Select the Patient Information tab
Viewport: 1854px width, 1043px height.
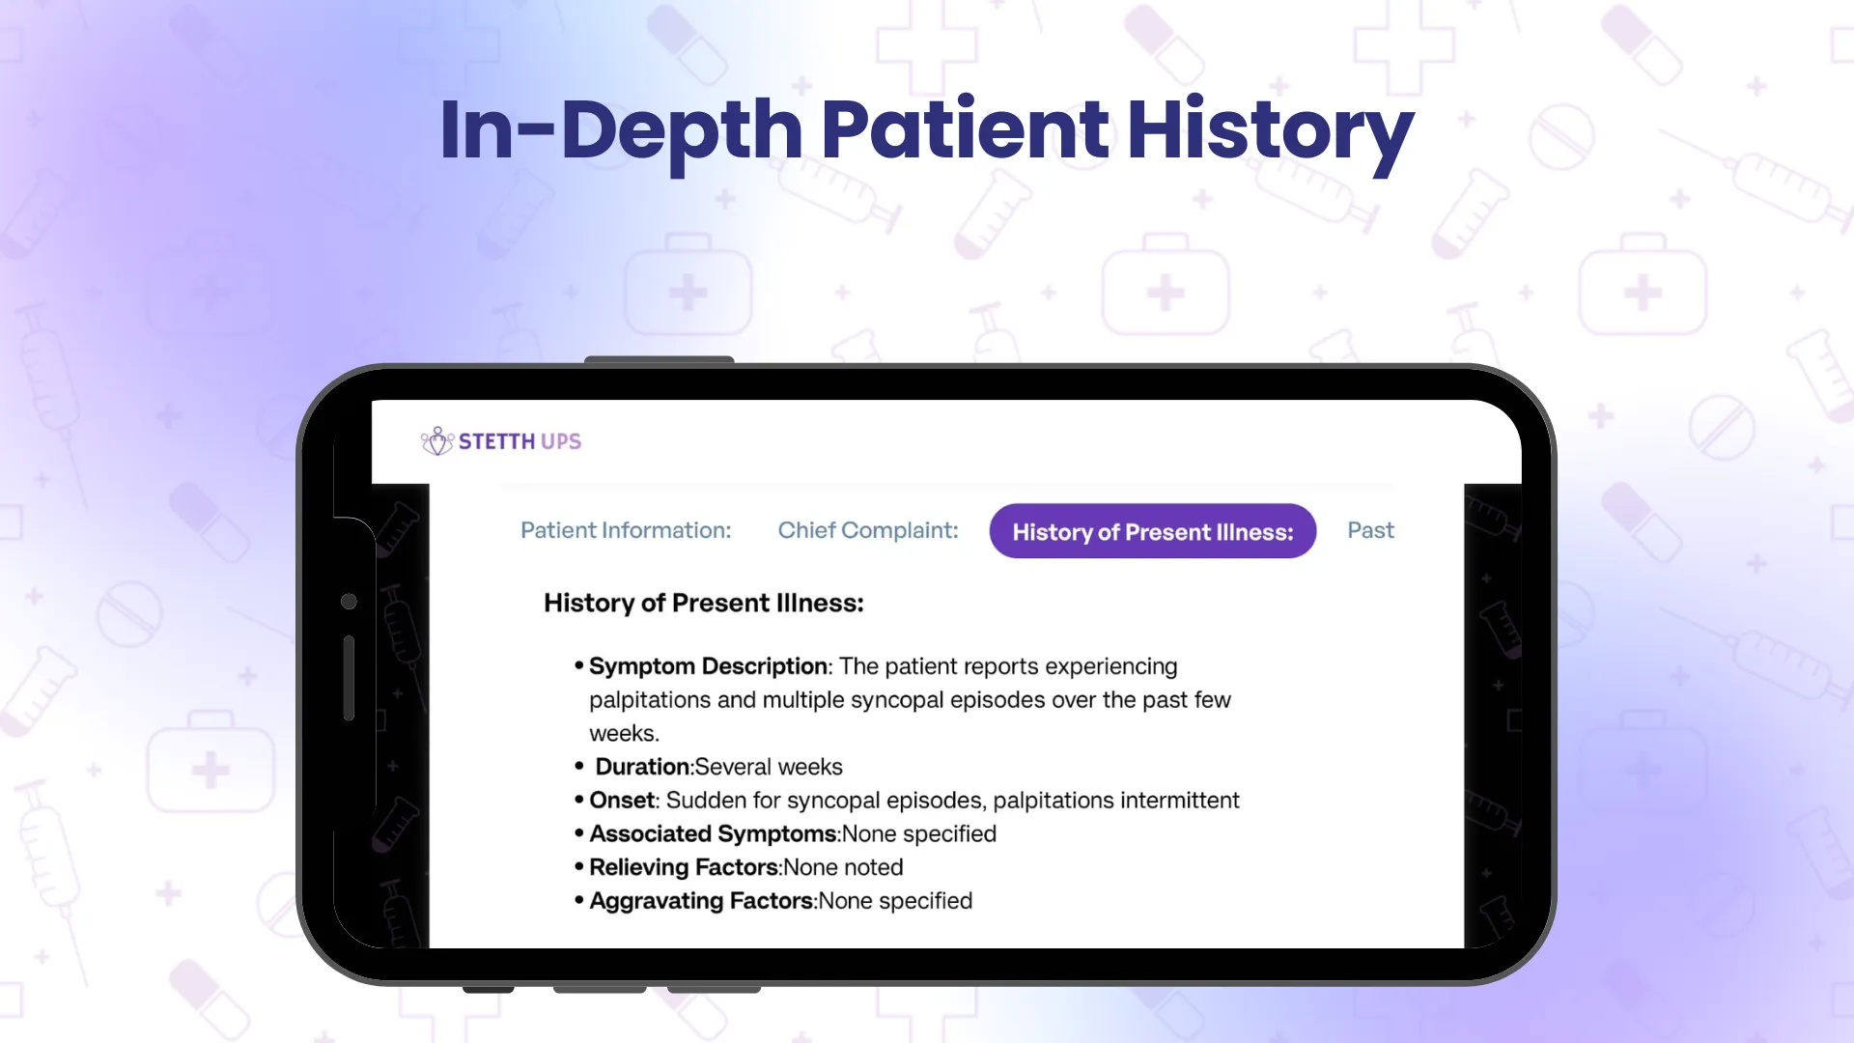(x=626, y=530)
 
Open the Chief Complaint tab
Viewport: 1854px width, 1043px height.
(x=868, y=530)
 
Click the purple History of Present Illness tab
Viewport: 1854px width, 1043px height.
(x=1153, y=531)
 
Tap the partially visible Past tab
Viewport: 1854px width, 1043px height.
(x=1370, y=530)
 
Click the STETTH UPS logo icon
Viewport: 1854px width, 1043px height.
(x=437, y=441)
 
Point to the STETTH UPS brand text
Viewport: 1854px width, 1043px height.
(x=520, y=441)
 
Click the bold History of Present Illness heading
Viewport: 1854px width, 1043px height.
(x=704, y=603)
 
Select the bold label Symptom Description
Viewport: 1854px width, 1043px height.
(x=708, y=666)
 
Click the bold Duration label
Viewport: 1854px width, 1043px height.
(x=643, y=767)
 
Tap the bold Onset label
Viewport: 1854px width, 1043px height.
(x=623, y=801)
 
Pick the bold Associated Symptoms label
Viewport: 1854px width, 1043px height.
(x=713, y=834)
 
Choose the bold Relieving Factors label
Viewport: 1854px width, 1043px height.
(x=684, y=867)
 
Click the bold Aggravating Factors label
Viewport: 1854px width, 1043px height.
(x=702, y=901)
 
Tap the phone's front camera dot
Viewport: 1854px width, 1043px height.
(x=349, y=602)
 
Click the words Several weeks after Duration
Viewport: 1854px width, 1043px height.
(x=769, y=767)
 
